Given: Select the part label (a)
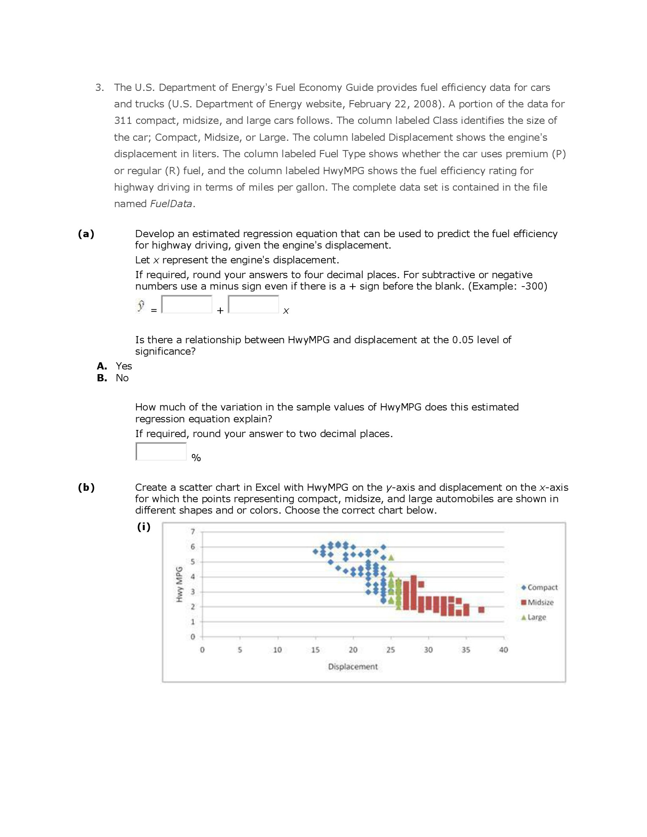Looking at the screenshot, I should [86, 234].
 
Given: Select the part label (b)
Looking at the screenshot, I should [86, 487].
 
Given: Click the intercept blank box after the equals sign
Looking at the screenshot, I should [187, 304].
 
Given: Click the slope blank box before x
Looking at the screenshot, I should [253, 304].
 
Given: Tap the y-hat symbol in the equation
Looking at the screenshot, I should [141, 305].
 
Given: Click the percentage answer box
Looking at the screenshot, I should [161, 451].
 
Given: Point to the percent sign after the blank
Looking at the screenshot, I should [196, 458].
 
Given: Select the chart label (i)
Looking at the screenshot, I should [144, 527].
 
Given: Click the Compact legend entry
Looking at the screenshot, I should [540, 588].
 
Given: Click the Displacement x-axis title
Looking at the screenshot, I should [353, 667].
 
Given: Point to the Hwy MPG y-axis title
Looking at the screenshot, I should [179, 584].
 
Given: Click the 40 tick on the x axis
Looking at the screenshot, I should [503, 650].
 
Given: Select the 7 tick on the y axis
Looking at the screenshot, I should [193, 532].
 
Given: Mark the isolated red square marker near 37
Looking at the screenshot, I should [481, 610].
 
